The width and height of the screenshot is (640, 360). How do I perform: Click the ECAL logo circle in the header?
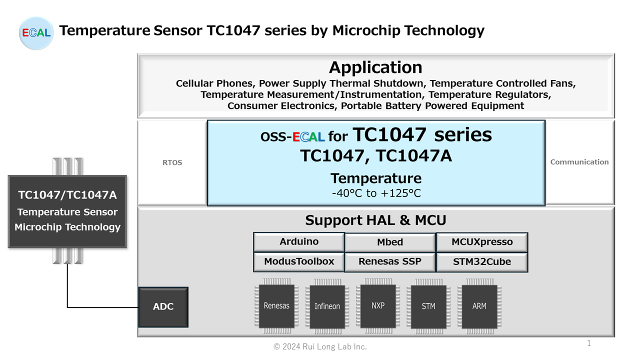click(x=36, y=33)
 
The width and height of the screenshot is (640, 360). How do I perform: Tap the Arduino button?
click(x=299, y=242)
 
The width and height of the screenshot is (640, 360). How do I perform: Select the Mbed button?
click(x=390, y=242)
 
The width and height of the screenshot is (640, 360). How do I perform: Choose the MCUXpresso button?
click(x=482, y=242)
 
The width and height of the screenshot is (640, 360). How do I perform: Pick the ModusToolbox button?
click(x=299, y=261)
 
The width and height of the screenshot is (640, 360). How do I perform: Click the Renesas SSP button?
click(x=390, y=261)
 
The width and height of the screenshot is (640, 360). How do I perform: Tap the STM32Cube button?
click(x=482, y=261)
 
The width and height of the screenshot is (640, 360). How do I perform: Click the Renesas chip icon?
click(x=276, y=306)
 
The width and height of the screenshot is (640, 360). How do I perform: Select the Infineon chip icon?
click(x=327, y=306)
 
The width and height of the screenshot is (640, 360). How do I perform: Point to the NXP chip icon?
click(x=378, y=305)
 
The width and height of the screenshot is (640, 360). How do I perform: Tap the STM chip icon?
click(x=428, y=306)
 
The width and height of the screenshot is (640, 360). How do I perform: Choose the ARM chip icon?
click(x=479, y=306)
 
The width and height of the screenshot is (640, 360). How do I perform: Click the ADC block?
click(x=163, y=307)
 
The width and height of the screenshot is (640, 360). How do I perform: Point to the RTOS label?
click(x=172, y=162)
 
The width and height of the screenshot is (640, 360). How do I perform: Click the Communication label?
click(x=579, y=162)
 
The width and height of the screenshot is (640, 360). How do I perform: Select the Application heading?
click(x=375, y=67)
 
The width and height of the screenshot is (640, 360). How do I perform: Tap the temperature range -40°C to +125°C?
click(x=376, y=193)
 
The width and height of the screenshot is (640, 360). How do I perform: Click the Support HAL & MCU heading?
click(x=375, y=220)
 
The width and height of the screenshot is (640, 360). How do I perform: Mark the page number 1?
click(x=589, y=343)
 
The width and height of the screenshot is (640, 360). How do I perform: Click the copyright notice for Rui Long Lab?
click(x=320, y=346)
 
